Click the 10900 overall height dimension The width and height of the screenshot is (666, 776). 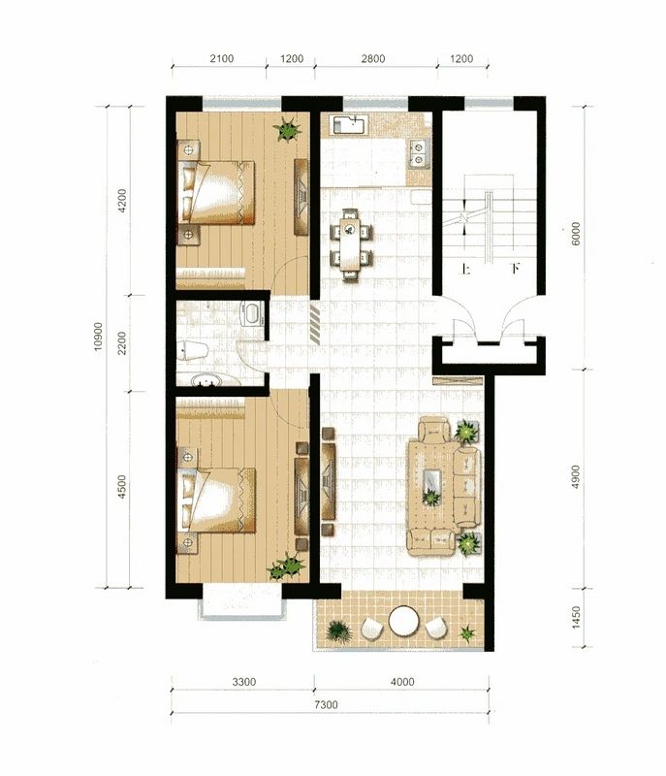point(98,337)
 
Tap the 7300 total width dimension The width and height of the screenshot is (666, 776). point(327,704)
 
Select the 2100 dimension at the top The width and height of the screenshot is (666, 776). point(221,58)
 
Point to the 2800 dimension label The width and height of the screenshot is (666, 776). point(373,58)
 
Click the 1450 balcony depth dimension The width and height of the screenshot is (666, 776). point(576,618)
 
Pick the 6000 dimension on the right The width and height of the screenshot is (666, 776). point(576,234)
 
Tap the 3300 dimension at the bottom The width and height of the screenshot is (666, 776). point(244,682)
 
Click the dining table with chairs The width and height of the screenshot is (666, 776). point(351,244)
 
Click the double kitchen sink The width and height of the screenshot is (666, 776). point(419,153)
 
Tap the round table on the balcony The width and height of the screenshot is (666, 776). point(404,621)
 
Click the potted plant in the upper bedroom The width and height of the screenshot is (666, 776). point(287,129)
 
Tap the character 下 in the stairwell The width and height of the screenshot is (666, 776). point(515,270)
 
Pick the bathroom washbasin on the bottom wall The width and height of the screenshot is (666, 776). point(207,379)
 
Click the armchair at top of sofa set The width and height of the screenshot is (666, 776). point(434,430)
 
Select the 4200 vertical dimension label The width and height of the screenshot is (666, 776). point(121,201)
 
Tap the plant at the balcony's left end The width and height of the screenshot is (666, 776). point(338,631)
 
